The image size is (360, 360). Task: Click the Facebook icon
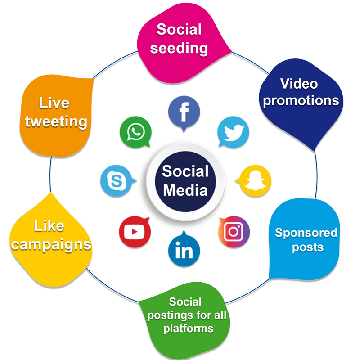tap(184, 112)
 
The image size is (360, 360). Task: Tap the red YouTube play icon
tap(134, 232)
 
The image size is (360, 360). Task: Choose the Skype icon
tap(116, 181)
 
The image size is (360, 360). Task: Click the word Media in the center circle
tap(185, 190)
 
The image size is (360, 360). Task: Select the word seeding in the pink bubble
tap(179, 48)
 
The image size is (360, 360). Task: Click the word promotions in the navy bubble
tap(301, 100)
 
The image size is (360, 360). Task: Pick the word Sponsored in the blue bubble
tap(306, 233)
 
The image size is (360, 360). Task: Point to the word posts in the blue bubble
tap(307, 247)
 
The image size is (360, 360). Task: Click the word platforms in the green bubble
tap(188, 328)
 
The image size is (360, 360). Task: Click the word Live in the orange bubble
tap(54, 103)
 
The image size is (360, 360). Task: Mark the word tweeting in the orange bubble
tap(56, 121)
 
